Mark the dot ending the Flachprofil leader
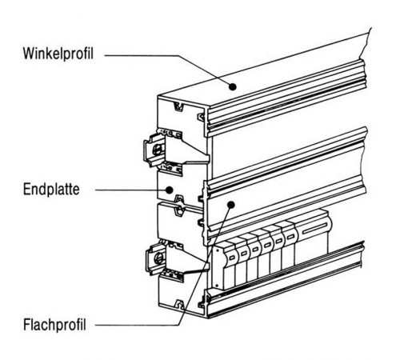click(x=230, y=205)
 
